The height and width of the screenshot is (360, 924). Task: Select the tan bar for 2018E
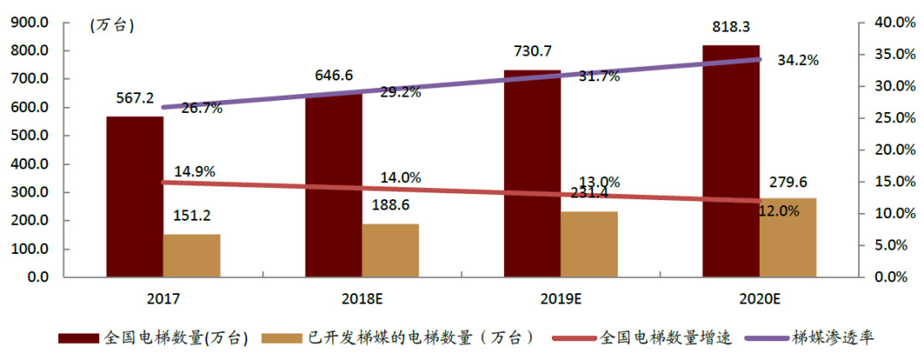coord(390,251)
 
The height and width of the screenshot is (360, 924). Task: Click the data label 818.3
coord(730,28)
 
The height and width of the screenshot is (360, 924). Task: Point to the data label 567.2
coord(135,98)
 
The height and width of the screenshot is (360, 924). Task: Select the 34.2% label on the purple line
coord(797,60)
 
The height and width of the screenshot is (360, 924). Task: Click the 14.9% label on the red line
coord(194,171)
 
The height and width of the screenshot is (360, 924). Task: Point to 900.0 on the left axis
coord(31,22)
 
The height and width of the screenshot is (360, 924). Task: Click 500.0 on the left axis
coord(31,136)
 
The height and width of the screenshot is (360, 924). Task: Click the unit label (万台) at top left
coord(112,25)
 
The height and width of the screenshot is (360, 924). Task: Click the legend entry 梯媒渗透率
coord(832,338)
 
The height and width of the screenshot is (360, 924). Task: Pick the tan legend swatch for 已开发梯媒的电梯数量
coord(281,338)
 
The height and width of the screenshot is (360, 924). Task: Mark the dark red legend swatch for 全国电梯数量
coord(78,338)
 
